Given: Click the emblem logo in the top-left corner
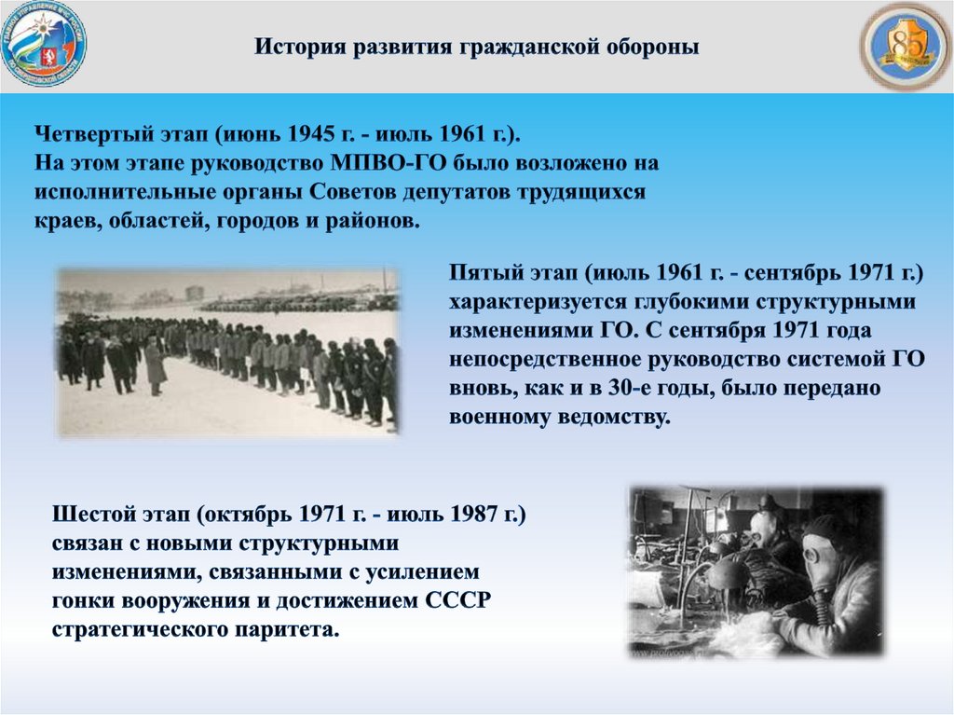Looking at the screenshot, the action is (x=44, y=43).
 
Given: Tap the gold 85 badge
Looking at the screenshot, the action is (x=906, y=46).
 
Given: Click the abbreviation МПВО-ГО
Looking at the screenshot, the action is (x=388, y=162).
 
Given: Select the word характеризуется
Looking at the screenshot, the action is (x=538, y=301).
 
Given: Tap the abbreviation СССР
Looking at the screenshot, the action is (x=457, y=601).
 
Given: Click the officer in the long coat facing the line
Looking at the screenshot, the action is (x=156, y=366).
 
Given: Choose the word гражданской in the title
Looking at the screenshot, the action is (x=528, y=47).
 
